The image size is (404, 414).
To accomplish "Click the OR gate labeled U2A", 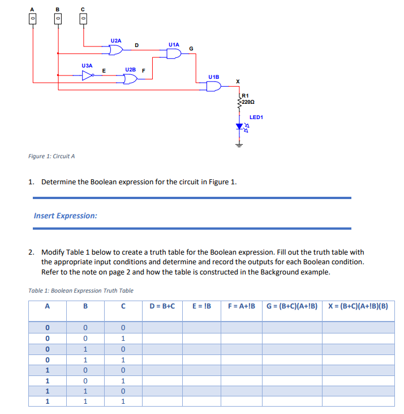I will tap(116, 50).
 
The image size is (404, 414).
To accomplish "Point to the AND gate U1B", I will tap(214, 86).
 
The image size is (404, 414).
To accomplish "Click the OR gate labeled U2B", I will tap(130, 78).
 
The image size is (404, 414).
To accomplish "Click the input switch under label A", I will tap(32, 19).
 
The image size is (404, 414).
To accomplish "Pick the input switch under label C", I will tap(84, 19).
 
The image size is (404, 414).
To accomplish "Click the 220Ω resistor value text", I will tap(248, 103).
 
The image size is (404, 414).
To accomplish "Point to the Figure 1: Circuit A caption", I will tap(51, 157).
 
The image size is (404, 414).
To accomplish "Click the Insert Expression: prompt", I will tap(65, 216).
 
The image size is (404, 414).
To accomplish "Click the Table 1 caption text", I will tap(80, 290).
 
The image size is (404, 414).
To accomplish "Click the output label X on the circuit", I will tap(238, 82).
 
